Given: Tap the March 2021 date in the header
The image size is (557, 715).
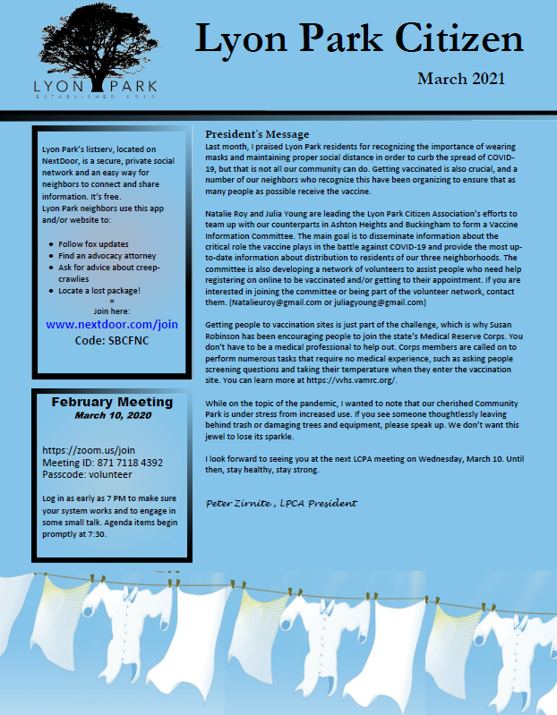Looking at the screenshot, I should (x=460, y=80).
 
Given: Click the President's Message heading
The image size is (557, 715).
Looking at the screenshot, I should (x=257, y=134).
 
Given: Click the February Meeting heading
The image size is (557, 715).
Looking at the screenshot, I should (x=113, y=402).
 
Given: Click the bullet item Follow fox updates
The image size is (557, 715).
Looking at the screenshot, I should (x=93, y=243).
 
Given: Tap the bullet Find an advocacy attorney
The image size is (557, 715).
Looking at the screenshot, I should (x=107, y=255).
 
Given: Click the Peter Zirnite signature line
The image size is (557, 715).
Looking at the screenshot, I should (x=281, y=504).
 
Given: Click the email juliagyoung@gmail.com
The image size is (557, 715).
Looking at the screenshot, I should (x=373, y=302).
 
